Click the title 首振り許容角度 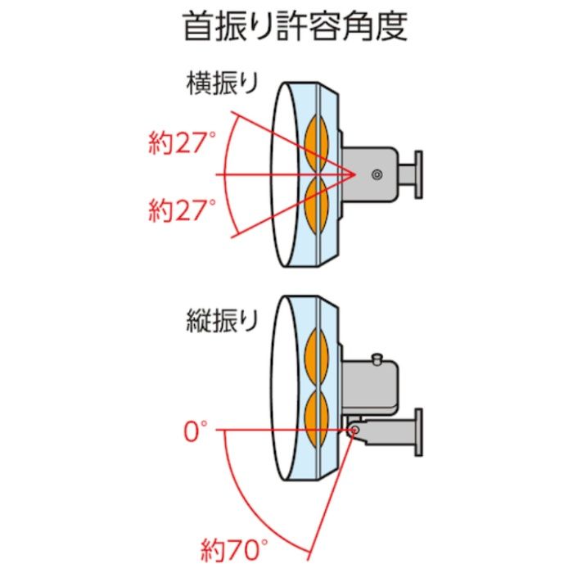click(x=295, y=26)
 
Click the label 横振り click(x=222, y=83)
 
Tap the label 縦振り click(x=222, y=321)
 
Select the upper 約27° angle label click(x=182, y=142)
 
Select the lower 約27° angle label click(x=182, y=210)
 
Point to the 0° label click(x=195, y=431)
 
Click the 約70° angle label click(x=234, y=551)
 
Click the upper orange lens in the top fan click(x=317, y=142)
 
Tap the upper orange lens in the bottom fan click(x=317, y=356)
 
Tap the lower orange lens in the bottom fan click(x=317, y=419)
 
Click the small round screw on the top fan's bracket click(x=377, y=174)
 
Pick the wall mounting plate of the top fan click(x=419, y=174)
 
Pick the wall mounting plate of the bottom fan click(x=419, y=432)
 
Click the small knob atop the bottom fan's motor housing click(x=377, y=359)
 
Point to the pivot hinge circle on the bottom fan click(x=353, y=430)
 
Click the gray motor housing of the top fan click(x=370, y=174)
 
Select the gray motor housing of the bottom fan click(x=370, y=388)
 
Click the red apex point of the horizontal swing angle click(x=355, y=174)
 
